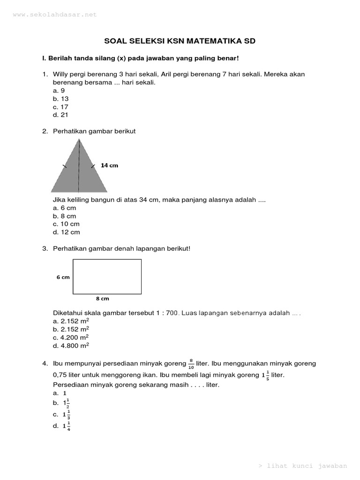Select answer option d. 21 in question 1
[61, 115]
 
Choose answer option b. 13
[61, 98]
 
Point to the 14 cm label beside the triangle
[110, 165]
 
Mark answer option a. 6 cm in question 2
[64, 208]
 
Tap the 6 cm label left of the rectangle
[63, 277]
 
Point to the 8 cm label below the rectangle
[102, 299]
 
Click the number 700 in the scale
[171, 313]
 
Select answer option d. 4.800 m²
[71, 345]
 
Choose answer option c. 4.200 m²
[71, 337]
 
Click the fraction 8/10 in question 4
[191, 363]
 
